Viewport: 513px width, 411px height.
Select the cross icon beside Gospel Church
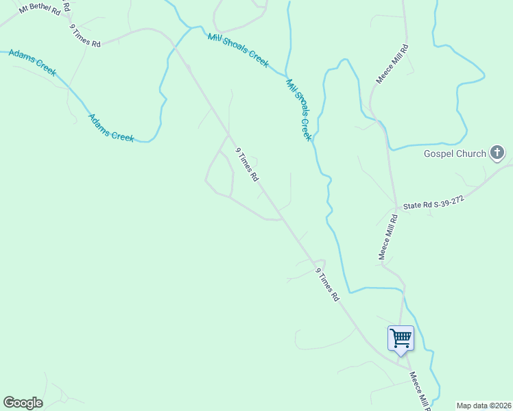pos(498,153)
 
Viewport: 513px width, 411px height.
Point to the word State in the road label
pos(414,204)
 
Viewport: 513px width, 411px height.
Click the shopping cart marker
pos(401,338)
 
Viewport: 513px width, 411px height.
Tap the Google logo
pos(23,403)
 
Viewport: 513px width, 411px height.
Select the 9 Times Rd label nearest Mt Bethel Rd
pos(85,36)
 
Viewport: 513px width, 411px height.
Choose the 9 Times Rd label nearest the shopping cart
pos(327,284)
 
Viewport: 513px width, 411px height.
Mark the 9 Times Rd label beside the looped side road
pos(247,164)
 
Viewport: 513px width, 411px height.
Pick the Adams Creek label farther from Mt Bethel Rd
pos(111,127)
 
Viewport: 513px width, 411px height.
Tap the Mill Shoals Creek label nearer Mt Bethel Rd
pos(238,49)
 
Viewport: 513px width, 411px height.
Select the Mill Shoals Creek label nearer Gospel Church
pos(299,110)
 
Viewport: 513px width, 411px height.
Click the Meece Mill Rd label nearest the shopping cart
pos(418,390)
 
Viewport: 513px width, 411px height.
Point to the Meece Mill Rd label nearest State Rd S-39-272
pos(388,238)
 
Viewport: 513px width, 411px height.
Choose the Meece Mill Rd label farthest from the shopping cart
pos(392,64)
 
